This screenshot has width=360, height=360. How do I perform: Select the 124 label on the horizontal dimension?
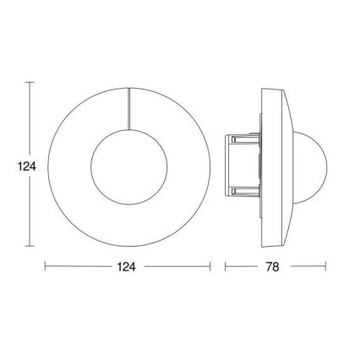[126, 266]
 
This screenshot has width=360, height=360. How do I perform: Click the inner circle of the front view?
[126, 166]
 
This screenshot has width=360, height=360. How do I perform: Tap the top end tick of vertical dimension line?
[30, 83]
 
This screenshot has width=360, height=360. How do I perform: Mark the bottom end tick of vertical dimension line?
[30, 247]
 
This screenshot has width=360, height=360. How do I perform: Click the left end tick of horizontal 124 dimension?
[44, 266]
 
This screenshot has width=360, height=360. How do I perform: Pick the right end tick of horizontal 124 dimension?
[209, 266]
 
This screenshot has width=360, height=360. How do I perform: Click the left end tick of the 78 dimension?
[225, 266]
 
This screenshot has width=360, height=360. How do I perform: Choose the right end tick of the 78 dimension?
[325, 266]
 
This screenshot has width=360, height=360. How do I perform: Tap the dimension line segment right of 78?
[306, 266]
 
